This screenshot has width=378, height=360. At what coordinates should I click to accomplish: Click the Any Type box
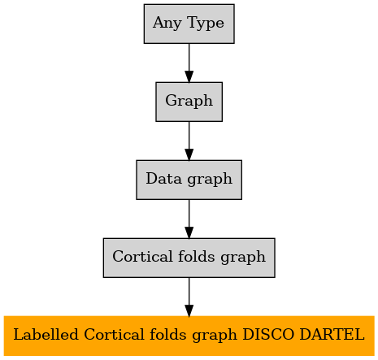(189, 24)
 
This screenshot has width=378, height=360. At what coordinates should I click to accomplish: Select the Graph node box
(189, 102)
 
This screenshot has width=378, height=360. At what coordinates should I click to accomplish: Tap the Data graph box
(189, 180)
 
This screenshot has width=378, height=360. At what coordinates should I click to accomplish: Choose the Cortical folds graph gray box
(189, 258)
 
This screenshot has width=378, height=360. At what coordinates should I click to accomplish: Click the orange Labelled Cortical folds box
(189, 336)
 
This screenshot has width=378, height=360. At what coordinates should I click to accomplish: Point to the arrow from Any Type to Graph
(189, 63)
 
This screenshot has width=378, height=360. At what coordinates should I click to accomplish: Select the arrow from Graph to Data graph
(189, 141)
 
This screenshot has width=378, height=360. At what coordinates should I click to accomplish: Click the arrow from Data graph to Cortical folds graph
(189, 219)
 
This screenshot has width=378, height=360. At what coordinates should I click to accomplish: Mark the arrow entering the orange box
(189, 297)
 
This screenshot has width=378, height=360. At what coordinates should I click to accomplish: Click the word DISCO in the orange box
(268, 334)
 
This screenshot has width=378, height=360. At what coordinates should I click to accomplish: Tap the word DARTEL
(332, 334)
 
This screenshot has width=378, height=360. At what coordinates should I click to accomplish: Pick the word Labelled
(46, 334)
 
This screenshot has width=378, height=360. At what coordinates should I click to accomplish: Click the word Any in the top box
(167, 23)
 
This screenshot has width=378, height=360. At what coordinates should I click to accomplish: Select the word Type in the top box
(206, 23)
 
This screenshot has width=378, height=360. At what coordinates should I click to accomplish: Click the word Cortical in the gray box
(142, 256)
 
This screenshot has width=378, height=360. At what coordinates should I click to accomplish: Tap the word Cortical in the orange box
(114, 334)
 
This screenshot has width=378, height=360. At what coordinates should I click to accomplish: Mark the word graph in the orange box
(215, 336)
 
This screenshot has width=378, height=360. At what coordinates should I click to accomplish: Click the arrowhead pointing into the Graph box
(189, 76)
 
